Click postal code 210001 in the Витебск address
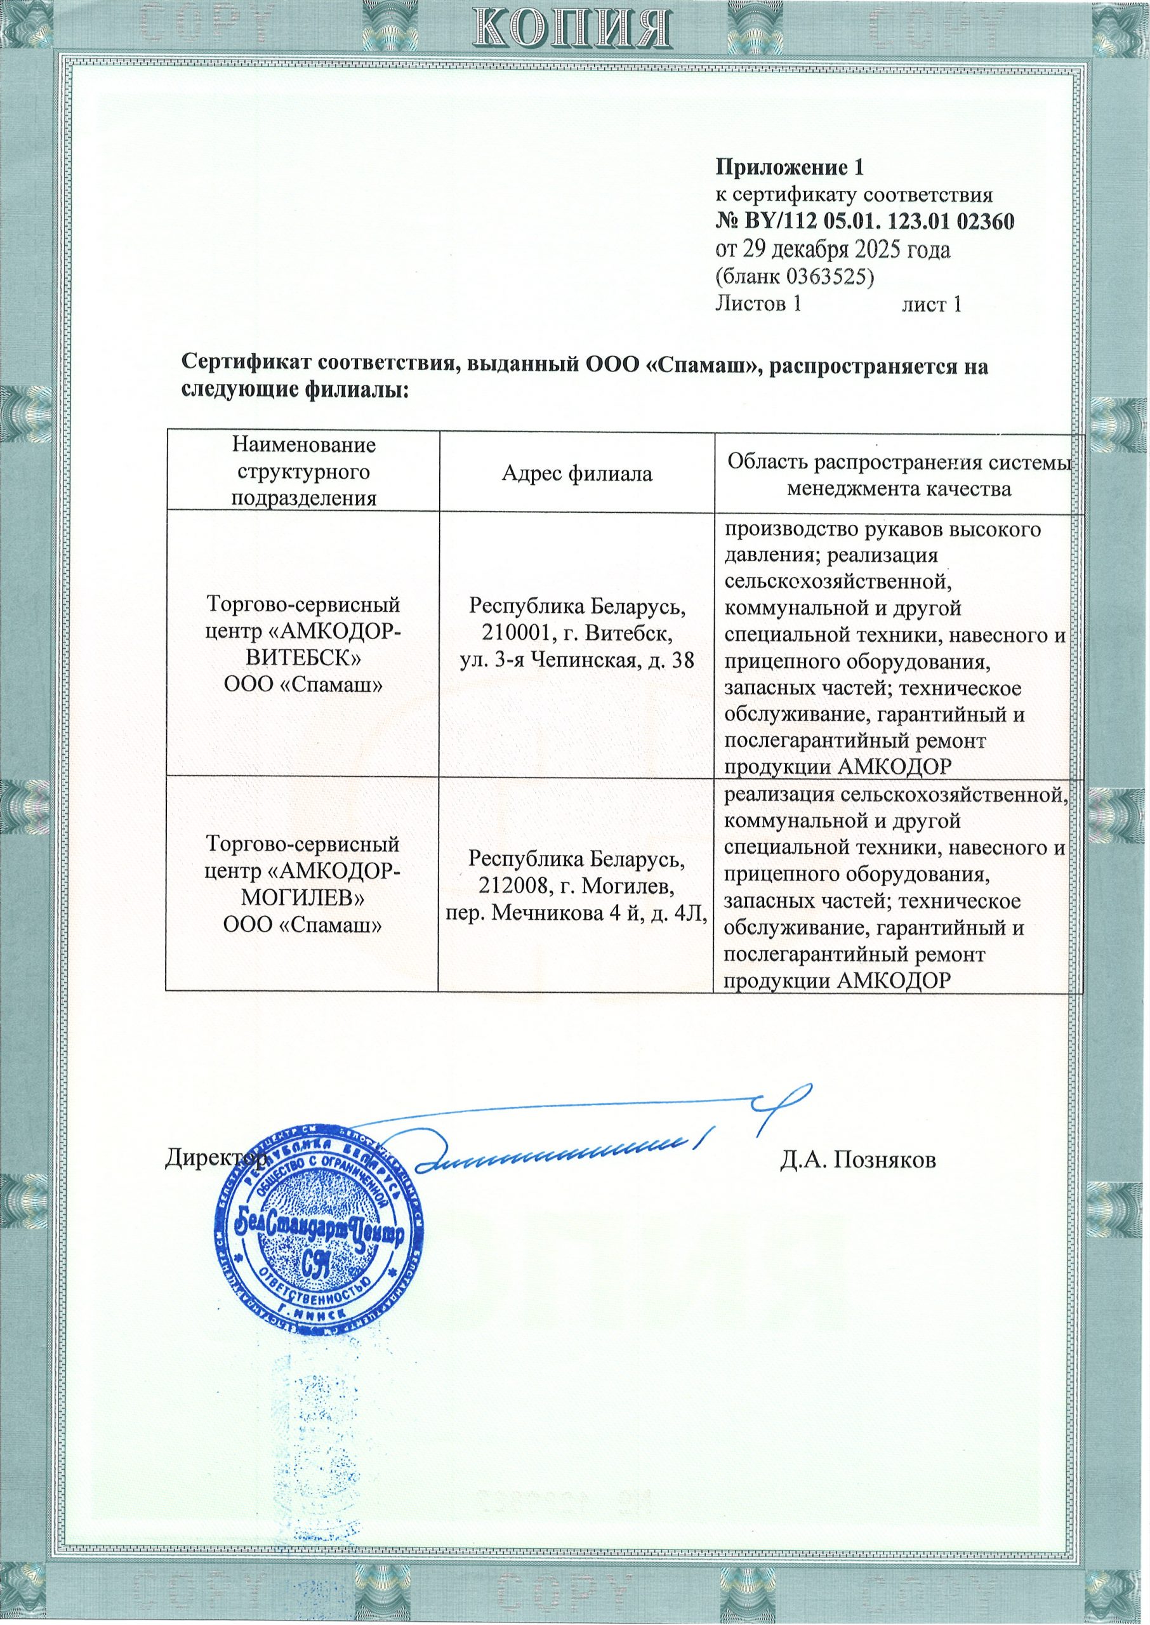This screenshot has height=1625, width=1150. (506, 633)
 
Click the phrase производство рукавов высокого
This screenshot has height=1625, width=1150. (882, 529)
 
